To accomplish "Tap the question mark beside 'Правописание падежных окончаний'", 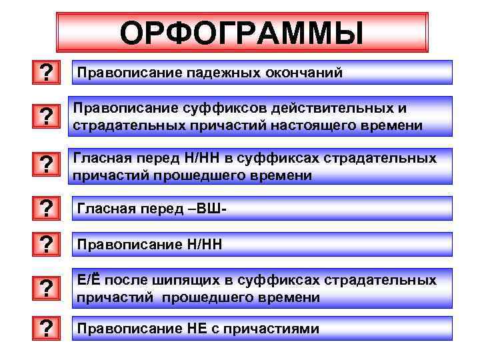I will (46, 72).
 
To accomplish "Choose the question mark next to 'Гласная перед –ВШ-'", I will (46, 209).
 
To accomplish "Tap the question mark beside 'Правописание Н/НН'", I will (46, 245).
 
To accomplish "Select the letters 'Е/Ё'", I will (87, 280).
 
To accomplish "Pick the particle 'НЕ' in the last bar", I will (195, 329).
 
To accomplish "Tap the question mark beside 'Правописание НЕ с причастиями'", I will (46, 329).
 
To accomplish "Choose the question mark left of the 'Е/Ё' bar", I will (46, 289).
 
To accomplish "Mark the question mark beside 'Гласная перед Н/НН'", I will (46, 163).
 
